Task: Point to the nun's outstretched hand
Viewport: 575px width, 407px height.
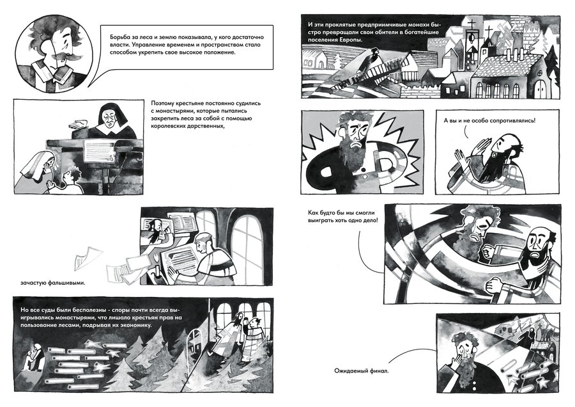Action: tap(78, 124)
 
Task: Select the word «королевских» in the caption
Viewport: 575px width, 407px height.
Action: tap(167, 126)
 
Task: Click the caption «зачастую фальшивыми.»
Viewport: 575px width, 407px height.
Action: tap(53, 283)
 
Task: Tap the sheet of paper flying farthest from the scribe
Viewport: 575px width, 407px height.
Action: tap(87, 257)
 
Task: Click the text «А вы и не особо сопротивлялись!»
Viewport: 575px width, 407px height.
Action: tap(489, 120)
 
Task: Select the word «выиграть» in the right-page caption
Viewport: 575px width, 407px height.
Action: tap(321, 220)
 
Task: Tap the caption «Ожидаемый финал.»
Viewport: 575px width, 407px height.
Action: tap(361, 371)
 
